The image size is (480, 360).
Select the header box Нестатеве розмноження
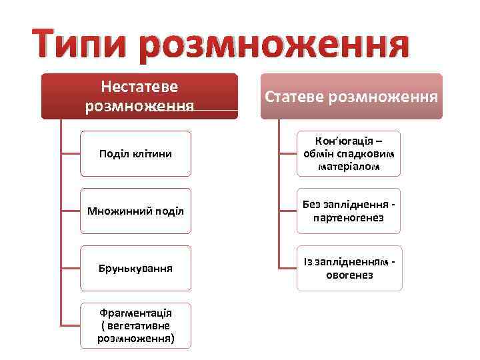139,96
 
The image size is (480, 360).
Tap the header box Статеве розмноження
351,97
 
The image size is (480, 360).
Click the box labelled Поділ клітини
135,154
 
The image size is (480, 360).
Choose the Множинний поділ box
135,211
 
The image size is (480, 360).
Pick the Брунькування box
135,269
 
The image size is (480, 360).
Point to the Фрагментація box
135,325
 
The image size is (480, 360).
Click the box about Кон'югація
349,154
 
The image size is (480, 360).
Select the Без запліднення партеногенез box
349,211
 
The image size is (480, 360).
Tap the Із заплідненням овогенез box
349,268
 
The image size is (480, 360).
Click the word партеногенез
347,218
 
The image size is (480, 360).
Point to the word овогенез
349,275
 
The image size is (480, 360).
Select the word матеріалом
349,167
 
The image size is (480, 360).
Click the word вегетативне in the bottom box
139,325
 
